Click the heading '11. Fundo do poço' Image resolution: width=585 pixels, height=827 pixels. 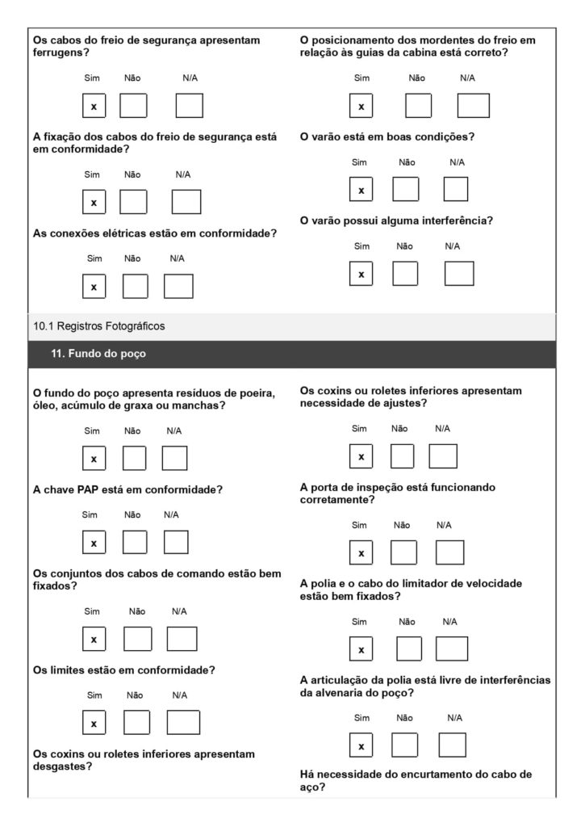tap(98, 353)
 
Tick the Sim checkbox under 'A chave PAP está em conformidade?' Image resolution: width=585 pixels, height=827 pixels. tap(94, 543)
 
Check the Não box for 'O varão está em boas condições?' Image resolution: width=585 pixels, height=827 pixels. tap(406, 189)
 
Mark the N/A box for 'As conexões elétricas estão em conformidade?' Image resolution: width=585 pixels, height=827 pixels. tap(178, 286)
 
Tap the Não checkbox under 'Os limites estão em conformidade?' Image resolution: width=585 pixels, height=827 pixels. tap(136, 722)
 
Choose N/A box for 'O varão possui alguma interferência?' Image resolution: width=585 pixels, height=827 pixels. tap(458, 274)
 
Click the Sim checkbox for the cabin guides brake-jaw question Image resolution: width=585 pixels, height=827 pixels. tap(361, 106)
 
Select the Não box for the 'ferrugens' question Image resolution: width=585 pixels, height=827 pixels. tap(133, 106)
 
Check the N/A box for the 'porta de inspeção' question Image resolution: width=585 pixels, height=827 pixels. tap(449, 553)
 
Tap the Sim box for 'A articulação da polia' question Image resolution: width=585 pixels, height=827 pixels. tap(361, 745)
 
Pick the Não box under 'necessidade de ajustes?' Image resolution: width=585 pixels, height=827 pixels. tap(402, 456)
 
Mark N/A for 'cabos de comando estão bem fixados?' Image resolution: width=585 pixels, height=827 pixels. tap(182, 639)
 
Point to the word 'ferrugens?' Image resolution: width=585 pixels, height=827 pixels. tap(61, 52)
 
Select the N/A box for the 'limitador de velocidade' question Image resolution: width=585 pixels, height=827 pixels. tap(451, 649)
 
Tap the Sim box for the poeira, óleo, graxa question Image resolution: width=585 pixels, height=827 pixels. tap(94, 458)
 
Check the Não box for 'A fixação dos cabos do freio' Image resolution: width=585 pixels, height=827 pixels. tap(133, 202)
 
